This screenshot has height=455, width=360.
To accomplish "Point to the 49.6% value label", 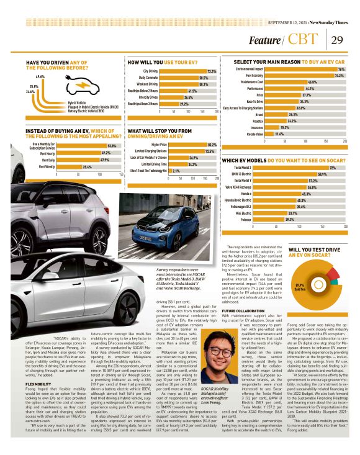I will [40, 76].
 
